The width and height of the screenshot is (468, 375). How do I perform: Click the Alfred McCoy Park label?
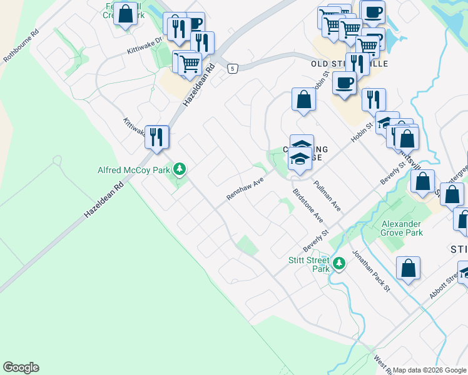133,170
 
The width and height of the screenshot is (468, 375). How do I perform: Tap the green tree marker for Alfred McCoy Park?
180,169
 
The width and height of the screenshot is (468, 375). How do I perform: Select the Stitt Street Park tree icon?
339,264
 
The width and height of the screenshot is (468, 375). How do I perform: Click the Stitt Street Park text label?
309,264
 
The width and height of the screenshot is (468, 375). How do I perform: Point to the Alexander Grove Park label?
402,228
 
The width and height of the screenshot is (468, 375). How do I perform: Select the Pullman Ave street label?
327,196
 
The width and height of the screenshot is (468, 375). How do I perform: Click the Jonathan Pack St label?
370,269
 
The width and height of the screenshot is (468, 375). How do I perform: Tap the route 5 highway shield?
232,68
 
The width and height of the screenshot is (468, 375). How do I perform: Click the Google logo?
21,367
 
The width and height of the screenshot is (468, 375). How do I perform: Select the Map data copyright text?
428,370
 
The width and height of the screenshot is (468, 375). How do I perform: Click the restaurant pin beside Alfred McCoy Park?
156,136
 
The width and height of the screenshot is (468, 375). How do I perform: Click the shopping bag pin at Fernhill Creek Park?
126,13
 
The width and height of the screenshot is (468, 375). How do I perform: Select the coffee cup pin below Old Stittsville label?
343,82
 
